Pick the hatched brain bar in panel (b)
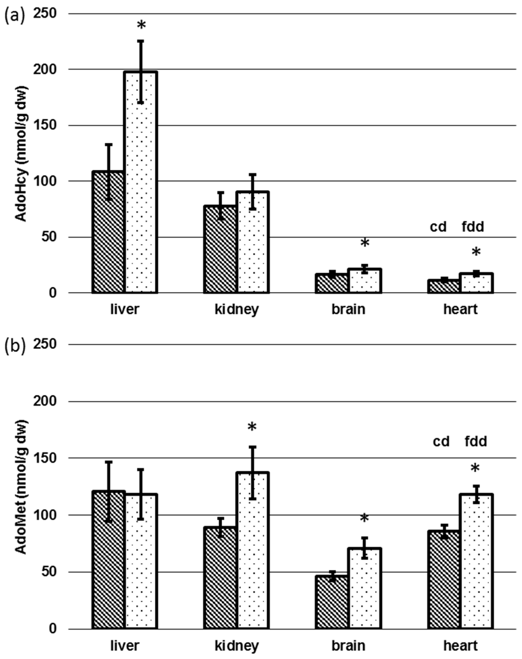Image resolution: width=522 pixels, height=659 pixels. [x=332, y=602]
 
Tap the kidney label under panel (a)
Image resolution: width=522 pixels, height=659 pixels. [x=237, y=309]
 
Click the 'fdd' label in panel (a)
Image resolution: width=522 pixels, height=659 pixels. [x=473, y=227]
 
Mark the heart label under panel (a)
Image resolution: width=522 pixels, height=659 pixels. [x=460, y=309]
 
